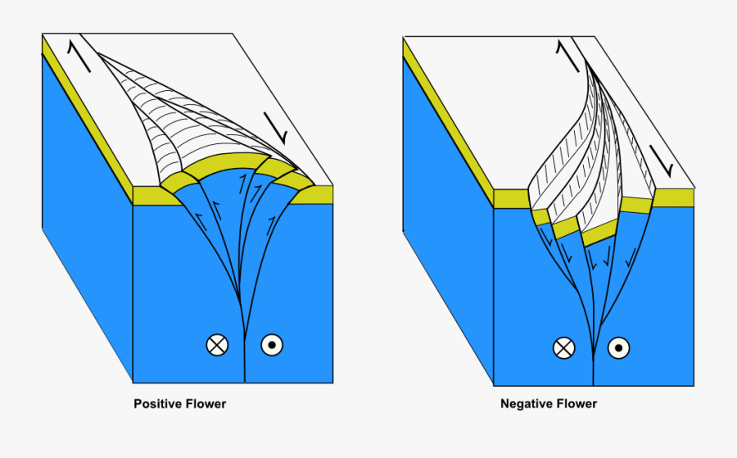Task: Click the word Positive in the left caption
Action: click(157, 404)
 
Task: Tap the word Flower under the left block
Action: click(206, 404)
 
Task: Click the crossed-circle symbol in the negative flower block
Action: click(563, 348)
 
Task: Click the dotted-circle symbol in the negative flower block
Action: click(620, 348)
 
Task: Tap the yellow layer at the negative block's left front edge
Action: click(511, 198)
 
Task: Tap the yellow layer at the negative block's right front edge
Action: click(676, 197)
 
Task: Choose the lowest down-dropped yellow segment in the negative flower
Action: click(600, 236)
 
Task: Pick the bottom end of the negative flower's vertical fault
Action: click(593, 383)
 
